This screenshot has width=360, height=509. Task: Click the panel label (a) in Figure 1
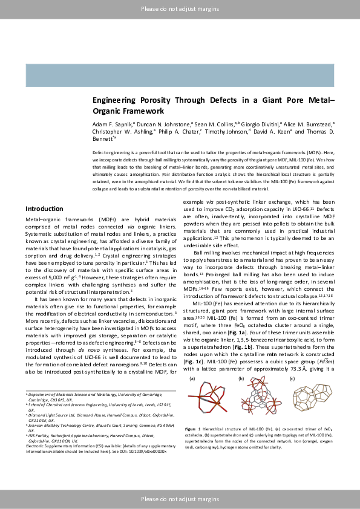coord(193,378)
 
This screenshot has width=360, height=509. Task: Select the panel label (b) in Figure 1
coord(241,378)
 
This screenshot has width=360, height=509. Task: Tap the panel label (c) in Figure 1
coord(292,378)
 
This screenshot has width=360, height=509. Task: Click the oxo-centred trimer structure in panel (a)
coord(210,400)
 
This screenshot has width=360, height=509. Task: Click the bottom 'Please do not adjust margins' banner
coord(180,498)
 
